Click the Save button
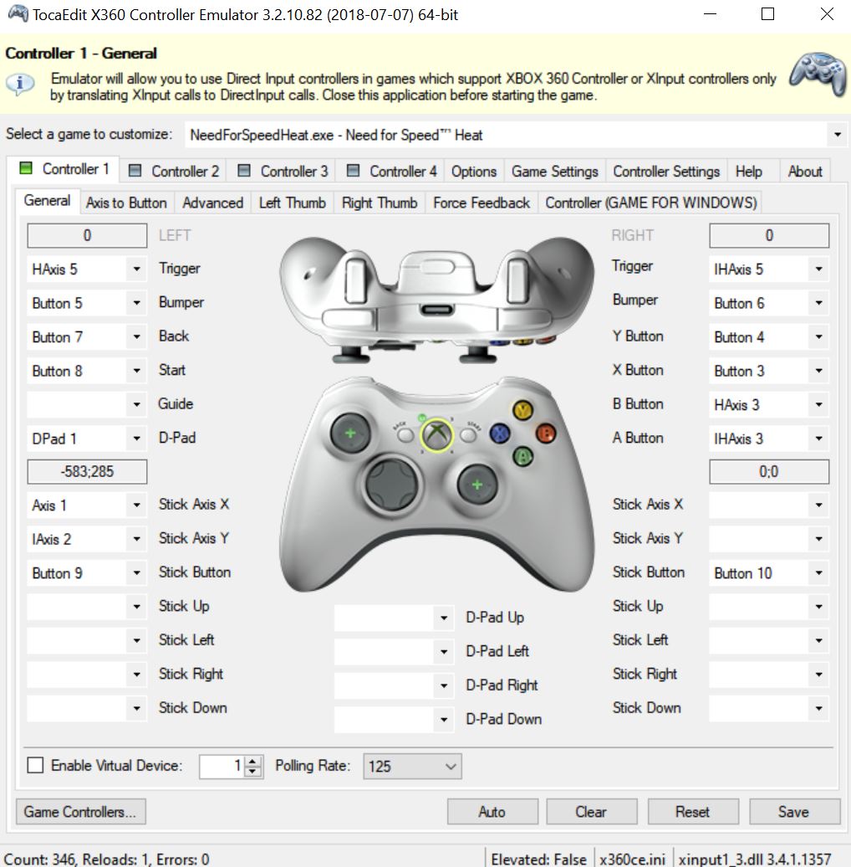793,811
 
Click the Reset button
692,811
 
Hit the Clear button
590,811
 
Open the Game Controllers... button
80,811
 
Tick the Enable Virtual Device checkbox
36,765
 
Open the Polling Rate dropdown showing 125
412,766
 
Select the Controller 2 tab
175,171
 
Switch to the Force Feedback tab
481,203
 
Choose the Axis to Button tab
126,203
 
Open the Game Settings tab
554,171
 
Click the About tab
804,171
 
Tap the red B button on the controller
546,433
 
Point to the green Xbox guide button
435,433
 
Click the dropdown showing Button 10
768,573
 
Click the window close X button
827,14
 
